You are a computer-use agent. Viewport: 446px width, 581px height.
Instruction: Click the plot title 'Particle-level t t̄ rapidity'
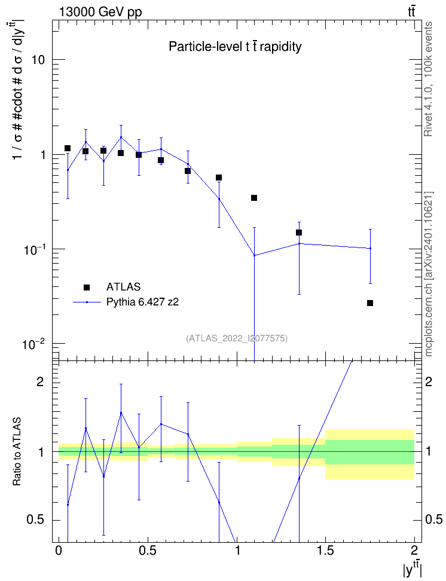click(235, 46)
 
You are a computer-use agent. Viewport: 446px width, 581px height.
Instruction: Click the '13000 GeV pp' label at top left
click(100, 12)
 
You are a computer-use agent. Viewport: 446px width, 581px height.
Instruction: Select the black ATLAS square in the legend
click(87, 287)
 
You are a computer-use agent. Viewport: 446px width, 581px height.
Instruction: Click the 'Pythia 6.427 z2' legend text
click(142, 302)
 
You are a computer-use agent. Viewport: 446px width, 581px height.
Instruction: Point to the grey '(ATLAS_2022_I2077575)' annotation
click(237, 338)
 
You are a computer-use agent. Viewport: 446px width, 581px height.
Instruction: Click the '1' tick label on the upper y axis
click(43, 154)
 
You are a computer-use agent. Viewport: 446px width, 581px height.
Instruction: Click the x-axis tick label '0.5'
click(148, 551)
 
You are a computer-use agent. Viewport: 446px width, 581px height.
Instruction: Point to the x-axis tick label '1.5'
click(325, 551)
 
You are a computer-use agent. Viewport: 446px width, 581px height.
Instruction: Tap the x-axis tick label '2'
click(414, 551)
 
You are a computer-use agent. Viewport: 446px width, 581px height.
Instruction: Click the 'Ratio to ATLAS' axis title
click(17, 451)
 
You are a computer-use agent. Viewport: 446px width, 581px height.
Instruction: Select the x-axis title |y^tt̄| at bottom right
click(413, 569)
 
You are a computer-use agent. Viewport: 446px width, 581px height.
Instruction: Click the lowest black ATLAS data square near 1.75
click(370, 303)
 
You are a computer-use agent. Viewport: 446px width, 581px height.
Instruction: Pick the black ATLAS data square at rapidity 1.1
click(254, 198)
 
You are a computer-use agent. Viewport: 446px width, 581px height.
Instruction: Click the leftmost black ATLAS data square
click(68, 148)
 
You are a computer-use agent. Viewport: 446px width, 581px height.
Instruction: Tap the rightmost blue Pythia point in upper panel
click(370, 248)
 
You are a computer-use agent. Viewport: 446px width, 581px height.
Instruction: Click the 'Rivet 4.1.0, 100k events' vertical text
click(428, 79)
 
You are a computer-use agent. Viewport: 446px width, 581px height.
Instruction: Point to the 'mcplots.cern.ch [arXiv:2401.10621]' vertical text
click(429, 274)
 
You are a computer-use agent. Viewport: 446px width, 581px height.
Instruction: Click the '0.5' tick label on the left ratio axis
click(35, 519)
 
